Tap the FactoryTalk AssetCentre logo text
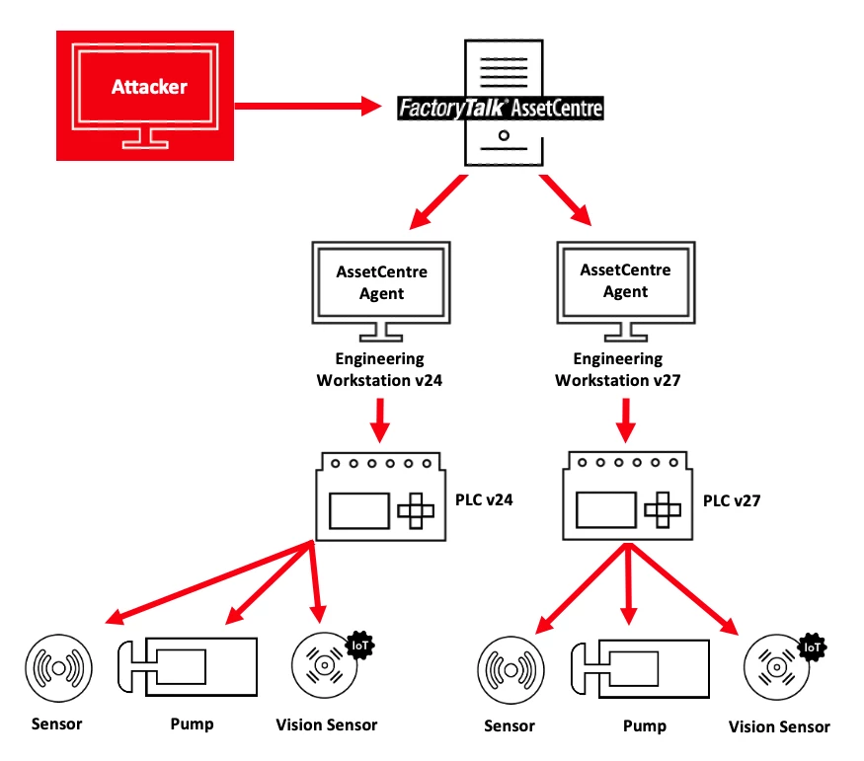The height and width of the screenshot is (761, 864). [501, 108]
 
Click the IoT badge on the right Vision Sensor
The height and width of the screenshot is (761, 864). [812, 647]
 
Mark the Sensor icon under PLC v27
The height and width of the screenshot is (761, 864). [511, 670]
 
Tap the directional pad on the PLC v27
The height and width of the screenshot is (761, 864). [660, 510]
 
